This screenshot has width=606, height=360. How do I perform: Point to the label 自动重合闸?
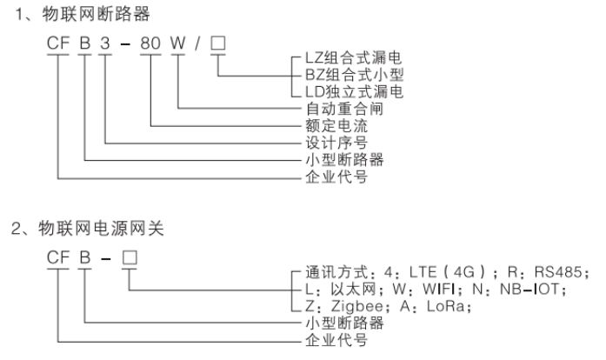(327, 109)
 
